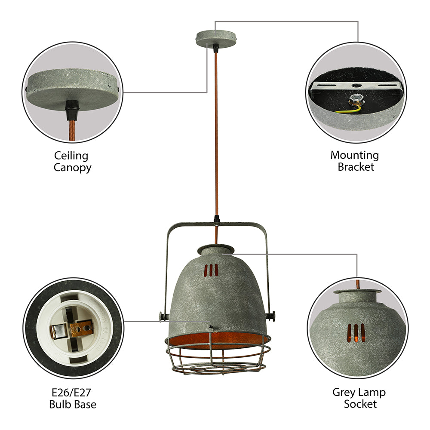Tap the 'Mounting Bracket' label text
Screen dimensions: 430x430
(355, 161)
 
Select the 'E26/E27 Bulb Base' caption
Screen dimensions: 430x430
(72, 398)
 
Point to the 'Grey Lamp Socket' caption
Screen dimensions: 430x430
(359, 398)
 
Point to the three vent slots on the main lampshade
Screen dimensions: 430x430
(211, 270)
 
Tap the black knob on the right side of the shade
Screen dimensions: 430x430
(270, 316)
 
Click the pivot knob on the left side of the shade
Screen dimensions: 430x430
(162, 318)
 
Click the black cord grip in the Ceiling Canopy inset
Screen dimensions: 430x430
(70, 110)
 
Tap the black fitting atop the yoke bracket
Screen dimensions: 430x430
(217, 221)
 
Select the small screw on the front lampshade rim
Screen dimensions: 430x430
(211, 328)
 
